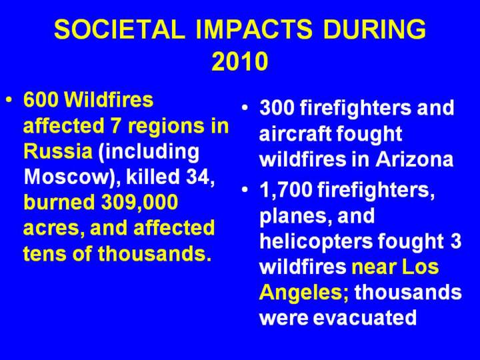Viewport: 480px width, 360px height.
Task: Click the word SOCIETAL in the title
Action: (x=120, y=29)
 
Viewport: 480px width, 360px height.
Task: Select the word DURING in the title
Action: (x=374, y=29)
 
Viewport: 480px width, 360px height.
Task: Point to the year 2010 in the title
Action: (x=240, y=61)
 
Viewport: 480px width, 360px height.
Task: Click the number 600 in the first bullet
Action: (x=41, y=100)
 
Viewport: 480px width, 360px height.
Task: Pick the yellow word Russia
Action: (x=58, y=151)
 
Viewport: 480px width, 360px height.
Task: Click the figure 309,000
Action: (x=139, y=203)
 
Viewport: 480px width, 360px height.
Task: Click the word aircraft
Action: (x=295, y=134)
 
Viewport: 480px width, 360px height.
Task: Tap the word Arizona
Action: (x=414, y=159)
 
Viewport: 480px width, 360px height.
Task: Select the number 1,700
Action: (x=285, y=190)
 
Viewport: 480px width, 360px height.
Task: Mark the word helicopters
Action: (x=316, y=241)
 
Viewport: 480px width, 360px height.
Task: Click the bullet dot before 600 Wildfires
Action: (x=10, y=100)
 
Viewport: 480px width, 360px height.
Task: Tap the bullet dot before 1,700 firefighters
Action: (x=245, y=190)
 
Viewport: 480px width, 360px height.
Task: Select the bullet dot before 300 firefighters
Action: (x=245, y=108)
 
